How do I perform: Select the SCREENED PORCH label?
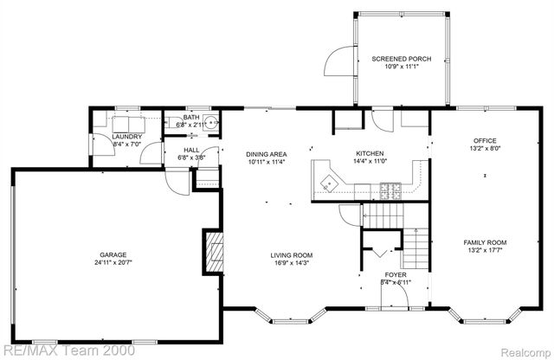(401, 60)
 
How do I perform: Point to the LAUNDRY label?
(103, 137)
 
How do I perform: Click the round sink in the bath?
(211, 122)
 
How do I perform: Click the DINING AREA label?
(267, 154)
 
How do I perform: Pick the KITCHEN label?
(370, 152)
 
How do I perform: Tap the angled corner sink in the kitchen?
(328, 181)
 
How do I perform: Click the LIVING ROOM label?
(291, 254)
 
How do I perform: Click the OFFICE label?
(484, 140)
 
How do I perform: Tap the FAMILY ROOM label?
(484, 242)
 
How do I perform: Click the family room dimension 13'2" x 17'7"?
(484, 250)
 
